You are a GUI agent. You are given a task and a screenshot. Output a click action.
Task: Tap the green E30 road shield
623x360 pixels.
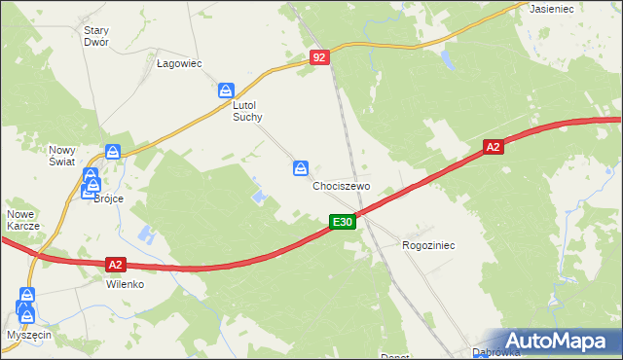pyautogui.click(x=342, y=223)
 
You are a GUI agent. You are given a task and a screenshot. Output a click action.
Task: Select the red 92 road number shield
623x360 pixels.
pyautogui.click(x=320, y=58)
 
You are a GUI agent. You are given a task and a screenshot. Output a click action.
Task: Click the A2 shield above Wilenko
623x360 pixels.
pyautogui.click(x=116, y=264)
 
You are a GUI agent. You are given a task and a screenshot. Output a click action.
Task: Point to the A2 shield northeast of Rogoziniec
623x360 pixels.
pyautogui.click(x=494, y=147)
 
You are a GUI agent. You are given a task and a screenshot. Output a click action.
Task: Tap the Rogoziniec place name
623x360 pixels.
pyautogui.click(x=428, y=246)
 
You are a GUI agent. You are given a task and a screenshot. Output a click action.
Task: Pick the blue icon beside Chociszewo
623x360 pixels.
pyautogui.click(x=301, y=169)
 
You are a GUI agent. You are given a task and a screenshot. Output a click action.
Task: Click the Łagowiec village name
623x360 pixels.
pyautogui.click(x=179, y=64)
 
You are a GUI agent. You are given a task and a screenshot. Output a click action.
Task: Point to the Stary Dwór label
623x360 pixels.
pyautogui.click(x=95, y=36)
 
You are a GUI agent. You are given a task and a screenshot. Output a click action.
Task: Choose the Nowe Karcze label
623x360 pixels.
pyautogui.click(x=22, y=220)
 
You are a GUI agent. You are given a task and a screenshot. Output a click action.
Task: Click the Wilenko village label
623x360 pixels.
pyautogui.click(x=125, y=285)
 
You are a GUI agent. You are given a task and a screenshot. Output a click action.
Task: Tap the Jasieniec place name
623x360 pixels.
pyautogui.click(x=550, y=8)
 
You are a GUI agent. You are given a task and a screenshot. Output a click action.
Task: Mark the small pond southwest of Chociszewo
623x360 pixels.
pyautogui.click(x=259, y=198)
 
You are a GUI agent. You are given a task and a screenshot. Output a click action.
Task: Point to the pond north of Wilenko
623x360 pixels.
pyautogui.click(x=146, y=234)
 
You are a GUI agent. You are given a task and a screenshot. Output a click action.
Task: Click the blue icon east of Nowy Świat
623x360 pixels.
pyautogui.click(x=113, y=153)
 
